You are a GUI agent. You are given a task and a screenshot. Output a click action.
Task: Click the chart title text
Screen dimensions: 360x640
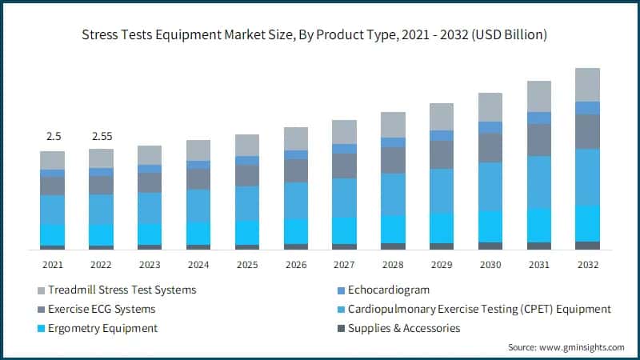(320, 34)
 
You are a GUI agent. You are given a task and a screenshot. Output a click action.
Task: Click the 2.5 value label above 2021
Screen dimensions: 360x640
(52, 137)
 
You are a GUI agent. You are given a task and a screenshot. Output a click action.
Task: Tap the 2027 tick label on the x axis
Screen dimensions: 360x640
(344, 264)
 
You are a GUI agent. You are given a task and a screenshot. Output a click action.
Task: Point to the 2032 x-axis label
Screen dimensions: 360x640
(587, 264)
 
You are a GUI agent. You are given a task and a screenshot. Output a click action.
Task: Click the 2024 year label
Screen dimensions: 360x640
(198, 264)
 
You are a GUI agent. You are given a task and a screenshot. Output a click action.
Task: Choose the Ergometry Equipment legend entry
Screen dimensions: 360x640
(102, 328)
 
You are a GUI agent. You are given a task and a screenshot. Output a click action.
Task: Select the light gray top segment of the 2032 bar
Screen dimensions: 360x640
(587, 84)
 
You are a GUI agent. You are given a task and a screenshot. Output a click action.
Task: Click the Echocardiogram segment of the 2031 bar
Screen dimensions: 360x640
(538, 118)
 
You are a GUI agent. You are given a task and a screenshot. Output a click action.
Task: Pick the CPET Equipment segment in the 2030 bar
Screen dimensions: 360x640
(490, 186)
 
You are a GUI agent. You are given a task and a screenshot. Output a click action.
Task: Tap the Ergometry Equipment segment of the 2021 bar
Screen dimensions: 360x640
(52, 235)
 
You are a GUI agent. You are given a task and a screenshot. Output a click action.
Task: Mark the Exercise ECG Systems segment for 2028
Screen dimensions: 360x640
(393, 160)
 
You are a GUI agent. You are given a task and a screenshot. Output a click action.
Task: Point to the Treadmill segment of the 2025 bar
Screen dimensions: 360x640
(247, 145)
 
